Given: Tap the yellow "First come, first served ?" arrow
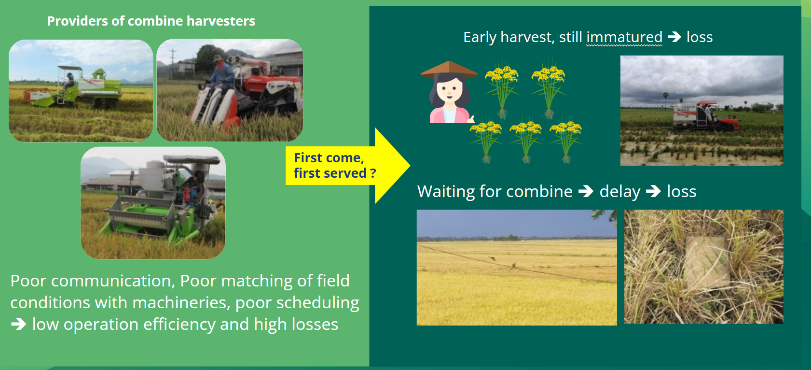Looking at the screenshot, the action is pos(347,166).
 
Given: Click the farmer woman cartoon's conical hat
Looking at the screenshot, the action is pos(449,70).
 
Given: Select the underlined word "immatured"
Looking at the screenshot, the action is pos(624,37).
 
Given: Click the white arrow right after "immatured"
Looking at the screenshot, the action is pos(674,37).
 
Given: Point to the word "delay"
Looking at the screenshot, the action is pos(620,192).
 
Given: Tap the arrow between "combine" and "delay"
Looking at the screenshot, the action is pos(586,191).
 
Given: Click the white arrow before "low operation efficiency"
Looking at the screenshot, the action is pos(18,324).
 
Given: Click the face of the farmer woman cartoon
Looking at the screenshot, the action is pos(449,90).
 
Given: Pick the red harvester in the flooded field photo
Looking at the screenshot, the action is pos(706,116).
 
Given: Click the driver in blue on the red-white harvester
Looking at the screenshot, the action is pos(221,72).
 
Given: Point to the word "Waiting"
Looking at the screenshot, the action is pos(446,192).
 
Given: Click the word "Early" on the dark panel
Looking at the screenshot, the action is pos(480,37).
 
